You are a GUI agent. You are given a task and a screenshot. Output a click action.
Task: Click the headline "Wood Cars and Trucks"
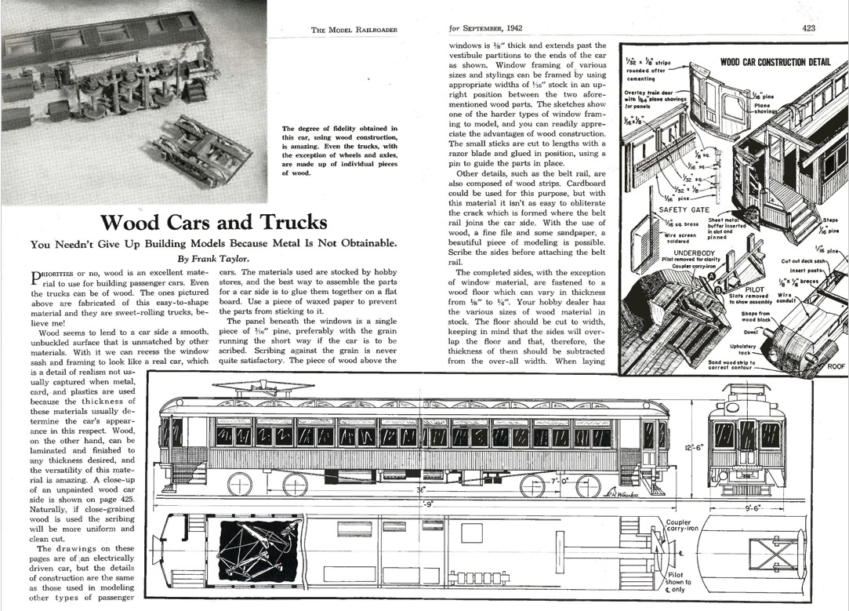click(x=214, y=221)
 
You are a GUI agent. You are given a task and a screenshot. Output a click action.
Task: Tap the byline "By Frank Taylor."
click(x=214, y=257)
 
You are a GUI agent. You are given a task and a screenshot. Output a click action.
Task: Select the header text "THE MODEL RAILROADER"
click(x=354, y=30)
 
